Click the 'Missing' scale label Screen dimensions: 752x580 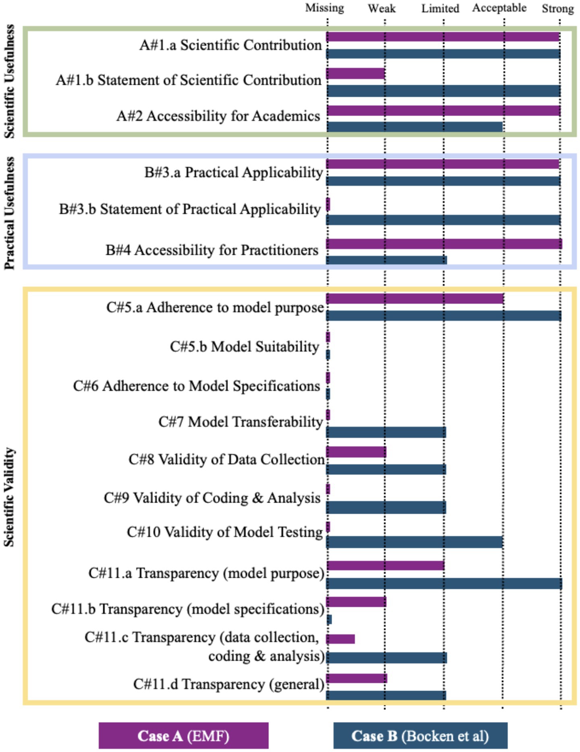point(324,8)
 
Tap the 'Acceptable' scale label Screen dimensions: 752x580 point(499,8)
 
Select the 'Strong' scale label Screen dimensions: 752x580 point(557,8)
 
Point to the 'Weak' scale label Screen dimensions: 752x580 point(382,8)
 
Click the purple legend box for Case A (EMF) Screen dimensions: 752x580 point(184,735)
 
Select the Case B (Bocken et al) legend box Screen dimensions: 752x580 point(420,735)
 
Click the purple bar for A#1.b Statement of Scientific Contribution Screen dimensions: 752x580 point(355,74)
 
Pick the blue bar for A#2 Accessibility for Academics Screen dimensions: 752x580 point(415,127)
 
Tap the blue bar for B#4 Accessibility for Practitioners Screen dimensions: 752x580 point(386,260)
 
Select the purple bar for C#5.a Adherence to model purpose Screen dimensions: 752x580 point(415,298)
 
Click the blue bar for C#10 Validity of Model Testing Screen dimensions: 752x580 point(415,542)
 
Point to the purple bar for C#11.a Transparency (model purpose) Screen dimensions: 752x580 point(385,566)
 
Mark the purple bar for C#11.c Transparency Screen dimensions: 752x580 point(341,639)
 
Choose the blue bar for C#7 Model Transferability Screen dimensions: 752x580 point(386,432)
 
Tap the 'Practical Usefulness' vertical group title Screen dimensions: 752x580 point(9,213)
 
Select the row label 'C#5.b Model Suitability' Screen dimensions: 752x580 point(244,346)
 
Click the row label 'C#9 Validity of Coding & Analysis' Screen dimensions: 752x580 point(212,498)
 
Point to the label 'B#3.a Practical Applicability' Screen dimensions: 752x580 point(233,172)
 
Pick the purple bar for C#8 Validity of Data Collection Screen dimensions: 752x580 point(356,452)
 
